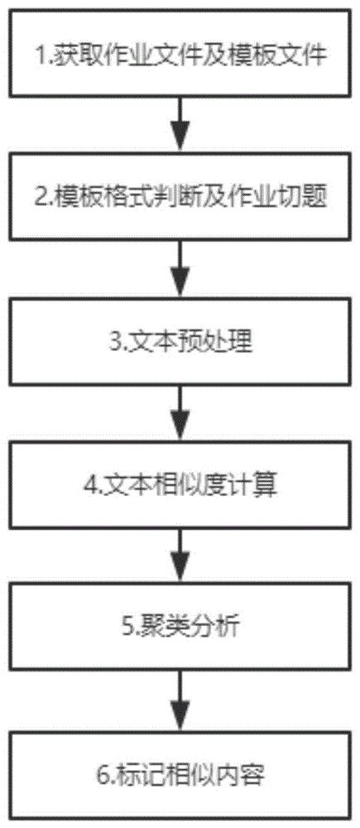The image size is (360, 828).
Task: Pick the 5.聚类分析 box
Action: [x=180, y=628]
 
